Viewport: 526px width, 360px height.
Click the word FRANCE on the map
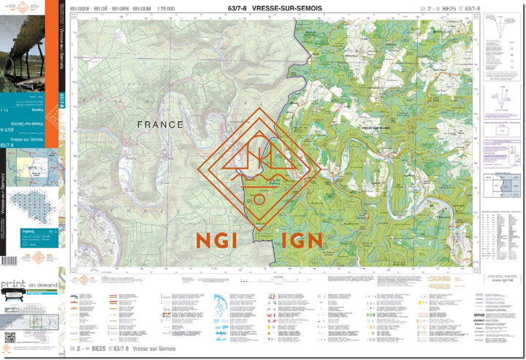[161, 125]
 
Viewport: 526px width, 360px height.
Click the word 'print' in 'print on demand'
[13, 283]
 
